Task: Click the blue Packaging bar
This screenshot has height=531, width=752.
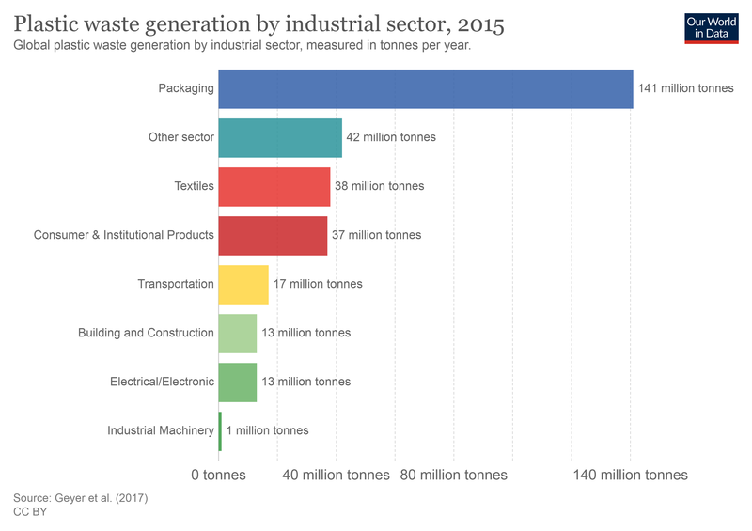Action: click(x=425, y=88)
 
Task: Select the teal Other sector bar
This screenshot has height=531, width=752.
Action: click(x=280, y=137)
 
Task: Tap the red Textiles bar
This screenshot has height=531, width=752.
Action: click(x=274, y=186)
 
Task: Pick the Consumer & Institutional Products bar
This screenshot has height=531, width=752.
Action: click(x=273, y=235)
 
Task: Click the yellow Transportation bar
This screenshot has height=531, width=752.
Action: click(x=243, y=284)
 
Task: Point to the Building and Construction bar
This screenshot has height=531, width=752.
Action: click(x=237, y=333)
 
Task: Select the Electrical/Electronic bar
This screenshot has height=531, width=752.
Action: click(x=237, y=382)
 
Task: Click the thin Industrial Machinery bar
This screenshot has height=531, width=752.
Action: click(x=220, y=430)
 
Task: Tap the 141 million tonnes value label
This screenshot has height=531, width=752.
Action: click(x=685, y=88)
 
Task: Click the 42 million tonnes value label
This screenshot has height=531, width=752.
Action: click(x=391, y=137)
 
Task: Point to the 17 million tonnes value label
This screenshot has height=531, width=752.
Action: click(x=318, y=284)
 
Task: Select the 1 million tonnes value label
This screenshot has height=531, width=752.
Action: click(x=267, y=430)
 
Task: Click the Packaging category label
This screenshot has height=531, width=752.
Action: click(x=186, y=88)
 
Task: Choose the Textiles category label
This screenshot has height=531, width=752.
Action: click(x=194, y=186)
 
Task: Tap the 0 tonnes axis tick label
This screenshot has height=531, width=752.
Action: click(x=218, y=475)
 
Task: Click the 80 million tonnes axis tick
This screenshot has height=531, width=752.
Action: click(x=453, y=475)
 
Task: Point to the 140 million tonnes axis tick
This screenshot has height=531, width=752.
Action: click(x=630, y=475)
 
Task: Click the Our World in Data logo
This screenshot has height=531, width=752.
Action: click(x=711, y=28)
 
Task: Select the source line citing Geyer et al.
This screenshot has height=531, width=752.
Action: click(x=81, y=497)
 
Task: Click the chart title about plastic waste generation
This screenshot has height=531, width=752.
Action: click(x=258, y=23)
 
